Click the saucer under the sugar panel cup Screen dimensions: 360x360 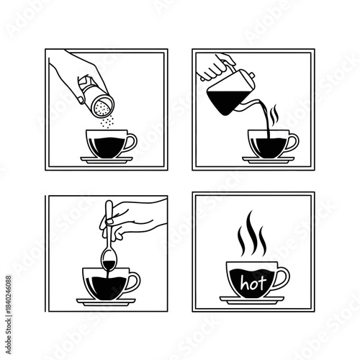107,158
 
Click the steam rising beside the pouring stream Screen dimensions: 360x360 274,115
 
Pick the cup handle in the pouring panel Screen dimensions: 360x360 292,142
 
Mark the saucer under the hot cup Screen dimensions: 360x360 251,302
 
